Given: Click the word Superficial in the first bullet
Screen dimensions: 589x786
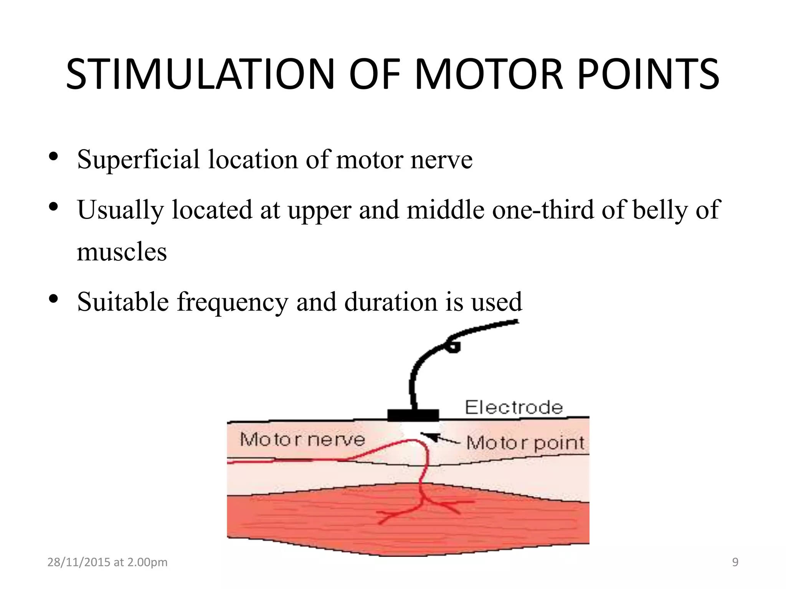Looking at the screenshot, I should coord(138,159).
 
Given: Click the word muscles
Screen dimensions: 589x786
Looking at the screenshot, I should coord(122,252).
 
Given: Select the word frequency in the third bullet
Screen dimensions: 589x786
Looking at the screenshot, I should coord(232,303).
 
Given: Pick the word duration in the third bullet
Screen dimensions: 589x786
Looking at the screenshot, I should coord(391,302).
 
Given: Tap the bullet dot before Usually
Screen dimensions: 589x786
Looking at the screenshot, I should coord(53,207).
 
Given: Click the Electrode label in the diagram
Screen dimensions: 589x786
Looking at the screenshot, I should coord(514,407).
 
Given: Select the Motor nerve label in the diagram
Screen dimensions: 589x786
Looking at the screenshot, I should coord(302,439).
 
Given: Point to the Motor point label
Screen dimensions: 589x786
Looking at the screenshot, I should coord(525,443).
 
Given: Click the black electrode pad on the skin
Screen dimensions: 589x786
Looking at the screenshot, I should coord(413,415).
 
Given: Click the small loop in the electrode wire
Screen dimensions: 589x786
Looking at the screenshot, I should coord(454,347).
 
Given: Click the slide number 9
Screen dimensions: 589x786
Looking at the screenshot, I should coord(735,562).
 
